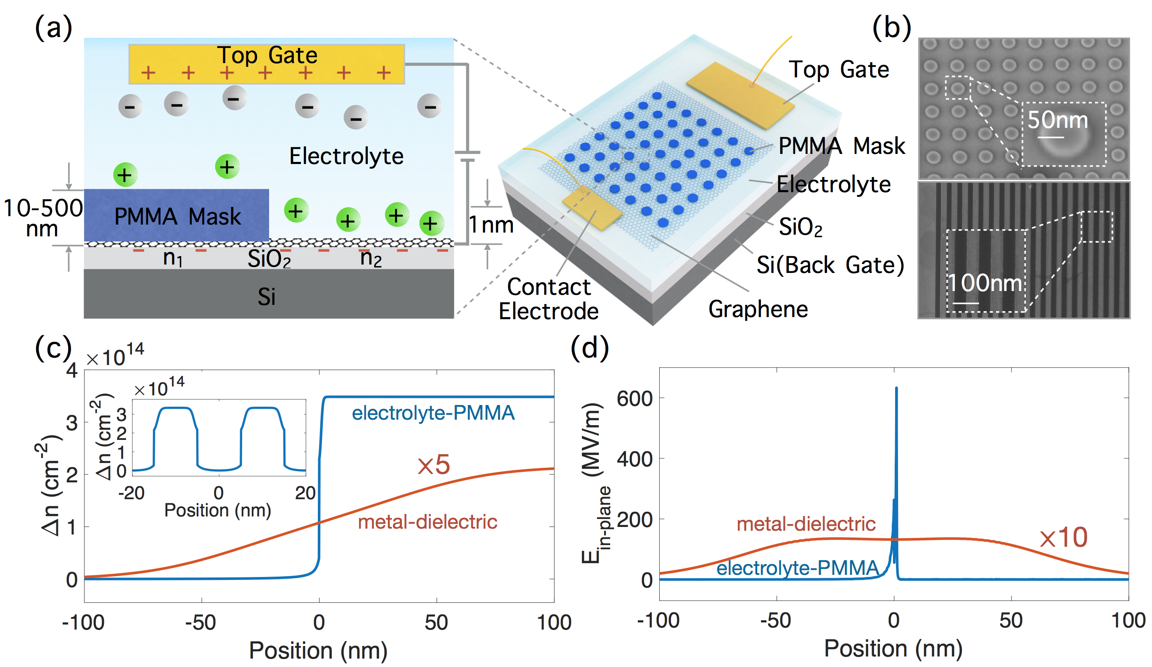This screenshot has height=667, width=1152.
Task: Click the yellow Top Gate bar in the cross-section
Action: point(267,64)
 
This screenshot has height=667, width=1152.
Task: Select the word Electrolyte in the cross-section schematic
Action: point(346,156)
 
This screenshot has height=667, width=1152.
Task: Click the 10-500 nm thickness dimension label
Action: point(42,218)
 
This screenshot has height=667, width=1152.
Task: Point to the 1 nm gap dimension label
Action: point(491,225)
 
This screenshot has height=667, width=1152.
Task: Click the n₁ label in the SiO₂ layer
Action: point(173,258)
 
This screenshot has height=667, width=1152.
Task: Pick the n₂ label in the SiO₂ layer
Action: point(370,258)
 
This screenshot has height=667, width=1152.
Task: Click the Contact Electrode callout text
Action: point(549,299)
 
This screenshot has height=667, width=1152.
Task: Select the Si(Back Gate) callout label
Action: point(830,265)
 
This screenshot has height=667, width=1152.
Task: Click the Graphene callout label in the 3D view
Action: point(758,309)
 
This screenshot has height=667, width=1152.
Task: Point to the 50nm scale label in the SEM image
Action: point(1057,120)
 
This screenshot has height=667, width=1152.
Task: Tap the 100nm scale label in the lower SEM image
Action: point(985,283)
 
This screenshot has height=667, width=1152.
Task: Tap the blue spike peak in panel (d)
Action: point(896,389)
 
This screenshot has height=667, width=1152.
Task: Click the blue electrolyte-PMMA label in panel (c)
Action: point(433,413)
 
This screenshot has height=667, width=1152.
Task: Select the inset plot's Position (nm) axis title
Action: point(218,510)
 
